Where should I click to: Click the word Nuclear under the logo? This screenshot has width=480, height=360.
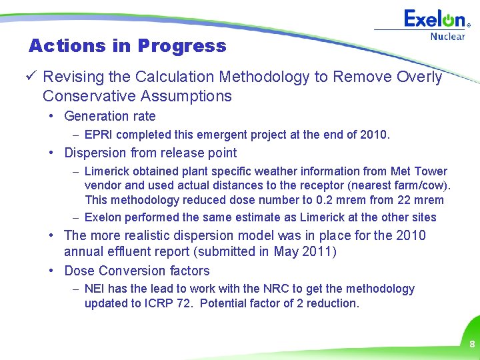click(x=447, y=37)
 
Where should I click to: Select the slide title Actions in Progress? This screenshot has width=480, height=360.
click(x=127, y=46)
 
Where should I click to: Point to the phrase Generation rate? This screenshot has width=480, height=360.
click(x=110, y=116)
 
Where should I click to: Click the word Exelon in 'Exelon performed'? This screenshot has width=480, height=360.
click(x=103, y=217)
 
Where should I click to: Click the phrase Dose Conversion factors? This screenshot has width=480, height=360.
click(x=137, y=271)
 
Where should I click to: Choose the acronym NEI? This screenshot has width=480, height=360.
click(x=95, y=289)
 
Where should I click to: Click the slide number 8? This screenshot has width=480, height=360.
click(x=471, y=345)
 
